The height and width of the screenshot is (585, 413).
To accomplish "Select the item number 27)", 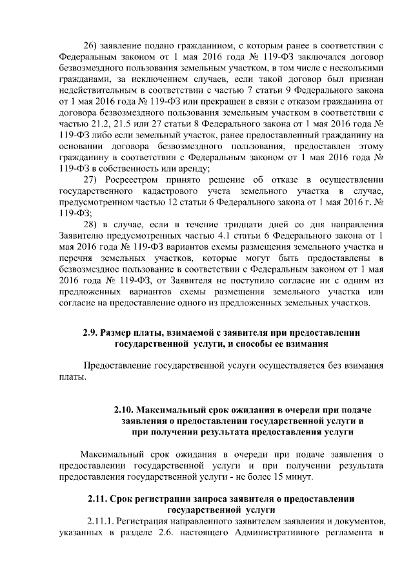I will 92,179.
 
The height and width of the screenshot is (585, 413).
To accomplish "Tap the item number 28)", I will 92,223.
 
